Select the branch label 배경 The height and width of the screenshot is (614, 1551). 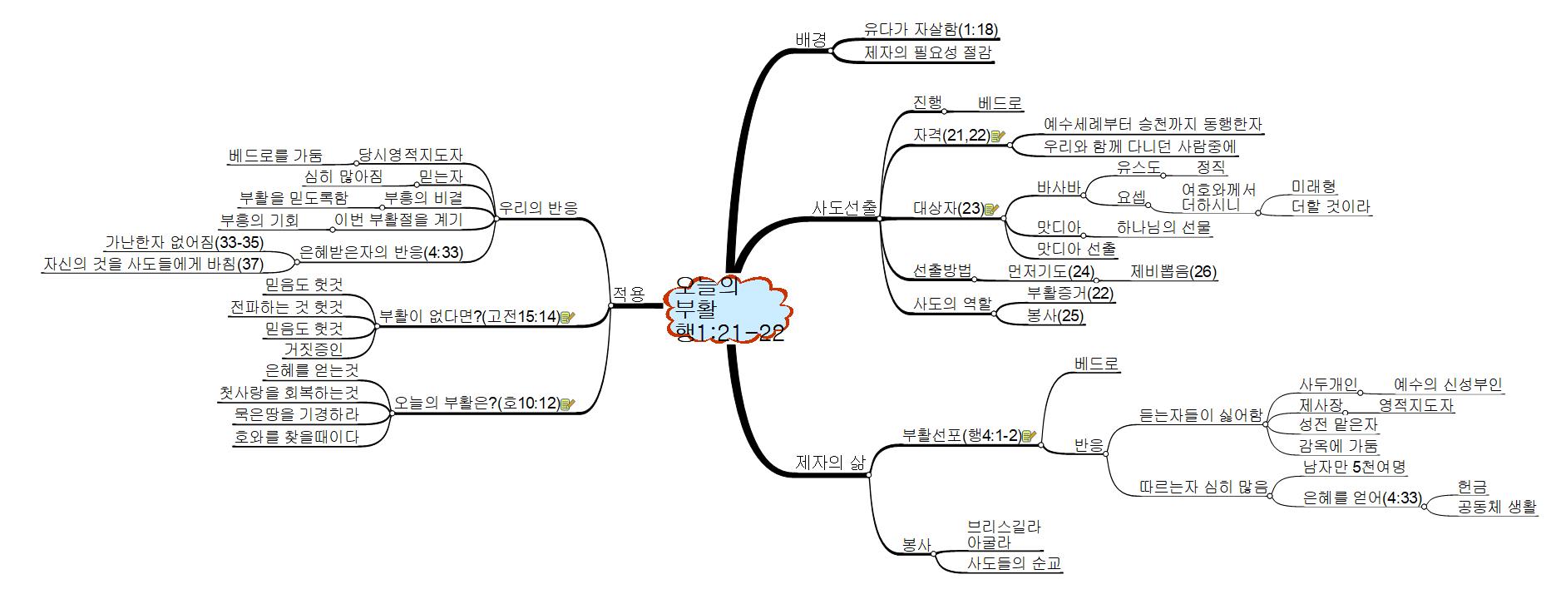[811, 38]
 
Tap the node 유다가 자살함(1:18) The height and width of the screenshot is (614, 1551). [930, 30]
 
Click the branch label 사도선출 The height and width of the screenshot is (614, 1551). [843, 207]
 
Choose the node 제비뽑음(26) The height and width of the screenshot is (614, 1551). [1173, 271]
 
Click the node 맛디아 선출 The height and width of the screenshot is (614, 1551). [1076, 249]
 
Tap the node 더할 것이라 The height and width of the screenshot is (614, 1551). [1331, 206]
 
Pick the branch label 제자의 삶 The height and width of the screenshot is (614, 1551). [830, 463]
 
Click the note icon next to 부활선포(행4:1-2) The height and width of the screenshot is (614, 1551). [1029, 435]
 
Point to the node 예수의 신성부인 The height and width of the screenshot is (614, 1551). [1448, 384]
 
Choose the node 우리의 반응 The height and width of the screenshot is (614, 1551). [537, 208]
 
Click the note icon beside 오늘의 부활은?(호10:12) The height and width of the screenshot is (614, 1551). [568, 404]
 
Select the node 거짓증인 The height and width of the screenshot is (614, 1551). [314, 349]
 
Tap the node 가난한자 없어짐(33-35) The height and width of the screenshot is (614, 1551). [184, 243]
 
